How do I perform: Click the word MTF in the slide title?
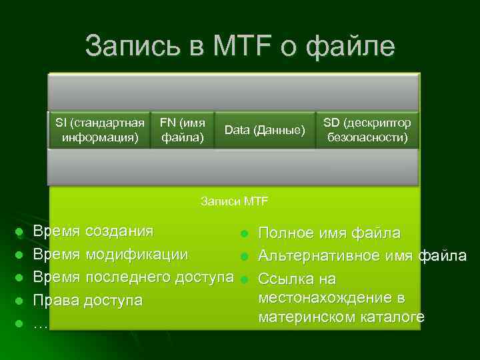235,46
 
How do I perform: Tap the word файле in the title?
352,46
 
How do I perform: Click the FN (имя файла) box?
182,130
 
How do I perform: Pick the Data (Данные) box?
265,130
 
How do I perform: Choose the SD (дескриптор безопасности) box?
367,130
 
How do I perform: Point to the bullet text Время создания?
93,231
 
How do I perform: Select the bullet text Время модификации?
110,255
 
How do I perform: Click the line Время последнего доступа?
133,277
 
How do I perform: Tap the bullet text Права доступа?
87,300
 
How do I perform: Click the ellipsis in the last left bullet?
40,323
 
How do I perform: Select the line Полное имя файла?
329,233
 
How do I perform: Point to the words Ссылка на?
297,278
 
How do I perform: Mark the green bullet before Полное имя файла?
245,233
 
